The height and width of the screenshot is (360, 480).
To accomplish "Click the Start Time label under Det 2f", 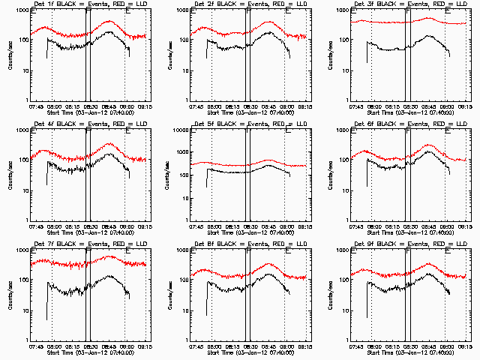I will click(249, 112).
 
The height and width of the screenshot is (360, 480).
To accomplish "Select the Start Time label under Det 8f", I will click(249, 352).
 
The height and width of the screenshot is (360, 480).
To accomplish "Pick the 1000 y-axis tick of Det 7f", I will click(21, 250).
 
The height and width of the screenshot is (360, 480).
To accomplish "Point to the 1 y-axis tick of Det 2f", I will click(187, 100).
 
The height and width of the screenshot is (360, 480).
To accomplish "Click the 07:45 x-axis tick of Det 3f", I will click(357, 106).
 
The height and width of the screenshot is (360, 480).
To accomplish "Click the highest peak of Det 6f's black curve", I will click(429, 151).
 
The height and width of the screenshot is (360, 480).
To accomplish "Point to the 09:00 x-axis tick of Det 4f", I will click(127, 226).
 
